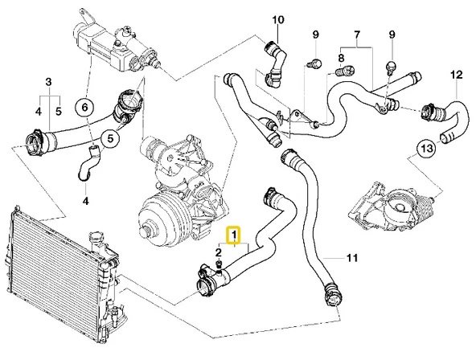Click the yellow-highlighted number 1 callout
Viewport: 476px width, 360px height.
(x=234, y=236)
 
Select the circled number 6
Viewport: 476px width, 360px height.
(x=84, y=105)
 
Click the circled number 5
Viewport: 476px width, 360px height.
(x=110, y=138)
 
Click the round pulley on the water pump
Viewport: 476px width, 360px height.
(x=157, y=227)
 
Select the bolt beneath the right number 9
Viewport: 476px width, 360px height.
(x=392, y=65)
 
